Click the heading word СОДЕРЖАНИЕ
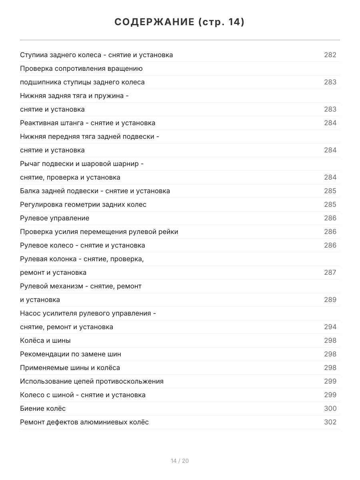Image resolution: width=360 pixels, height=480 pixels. click(x=154, y=22)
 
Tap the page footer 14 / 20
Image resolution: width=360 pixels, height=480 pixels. click(x=180, y=461)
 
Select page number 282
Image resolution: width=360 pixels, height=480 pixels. click(x=330, y=55)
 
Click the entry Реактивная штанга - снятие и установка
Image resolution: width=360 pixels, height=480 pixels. click(x=88, y=123)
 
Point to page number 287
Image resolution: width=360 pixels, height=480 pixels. click(x=330, y=272)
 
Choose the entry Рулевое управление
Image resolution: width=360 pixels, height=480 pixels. click(x=54, y=218)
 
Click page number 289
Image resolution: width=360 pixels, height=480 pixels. click(x=330, y=300)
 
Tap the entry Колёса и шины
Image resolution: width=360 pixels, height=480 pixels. click(x=45, y=340)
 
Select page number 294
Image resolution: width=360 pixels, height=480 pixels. click(x=330, y=327)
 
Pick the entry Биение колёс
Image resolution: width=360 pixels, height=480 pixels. click(x=43, y=408)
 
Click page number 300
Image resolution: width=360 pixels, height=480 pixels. click(x=330, y=408)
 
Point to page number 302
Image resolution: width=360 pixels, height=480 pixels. click(x=330, y=422)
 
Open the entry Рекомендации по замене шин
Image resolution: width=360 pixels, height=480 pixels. click(x=70, y=354)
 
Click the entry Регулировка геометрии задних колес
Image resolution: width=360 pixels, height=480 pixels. click(x=83, y=204)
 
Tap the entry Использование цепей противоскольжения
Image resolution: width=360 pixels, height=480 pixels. click(x=92, y=381)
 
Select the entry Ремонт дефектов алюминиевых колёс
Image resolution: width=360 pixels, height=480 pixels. click(x=84, y=422)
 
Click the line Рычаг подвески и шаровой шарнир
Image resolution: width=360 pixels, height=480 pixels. click(x=82, y=164)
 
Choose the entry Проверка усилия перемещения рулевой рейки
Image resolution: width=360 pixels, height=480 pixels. click(x=99, y=232)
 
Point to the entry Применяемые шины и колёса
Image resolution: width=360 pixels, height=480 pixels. click(x=70, y=368)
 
